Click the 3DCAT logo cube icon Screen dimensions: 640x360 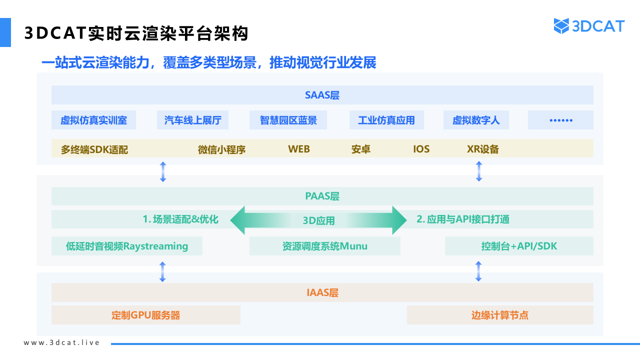[561, 26]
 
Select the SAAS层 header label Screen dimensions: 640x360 [322, 95]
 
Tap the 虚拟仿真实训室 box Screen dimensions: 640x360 [93, 120]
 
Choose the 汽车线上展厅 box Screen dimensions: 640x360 [192, 120]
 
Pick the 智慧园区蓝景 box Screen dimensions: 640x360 [288, 120]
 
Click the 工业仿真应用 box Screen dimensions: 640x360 [386, 120]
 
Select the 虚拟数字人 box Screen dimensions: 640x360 [476, 120]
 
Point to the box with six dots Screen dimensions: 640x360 [560, 120]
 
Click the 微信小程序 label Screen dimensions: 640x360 [221, 149]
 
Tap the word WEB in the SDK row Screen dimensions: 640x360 [299, 149]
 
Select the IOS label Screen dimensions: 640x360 [421, 149]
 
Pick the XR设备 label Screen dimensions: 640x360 [483, 149]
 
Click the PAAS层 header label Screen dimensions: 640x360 [322, 196]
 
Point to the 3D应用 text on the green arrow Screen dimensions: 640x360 [318, 220]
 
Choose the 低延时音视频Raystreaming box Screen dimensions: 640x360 [127, 246]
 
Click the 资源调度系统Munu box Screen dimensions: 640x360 [325, 246]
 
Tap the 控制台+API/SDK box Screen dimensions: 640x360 [519, 246]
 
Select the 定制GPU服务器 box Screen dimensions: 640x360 [146, 315]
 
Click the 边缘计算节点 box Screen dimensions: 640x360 [500, 315]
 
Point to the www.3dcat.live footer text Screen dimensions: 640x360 [61, 342]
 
